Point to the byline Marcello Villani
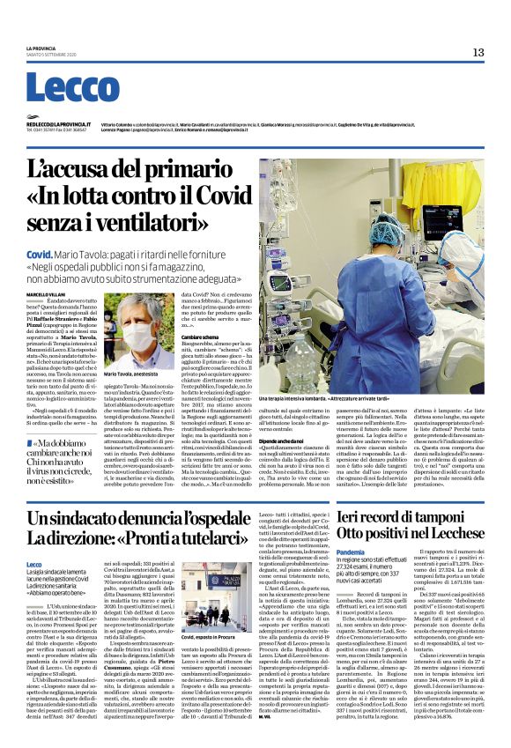[x=46, y=293]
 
